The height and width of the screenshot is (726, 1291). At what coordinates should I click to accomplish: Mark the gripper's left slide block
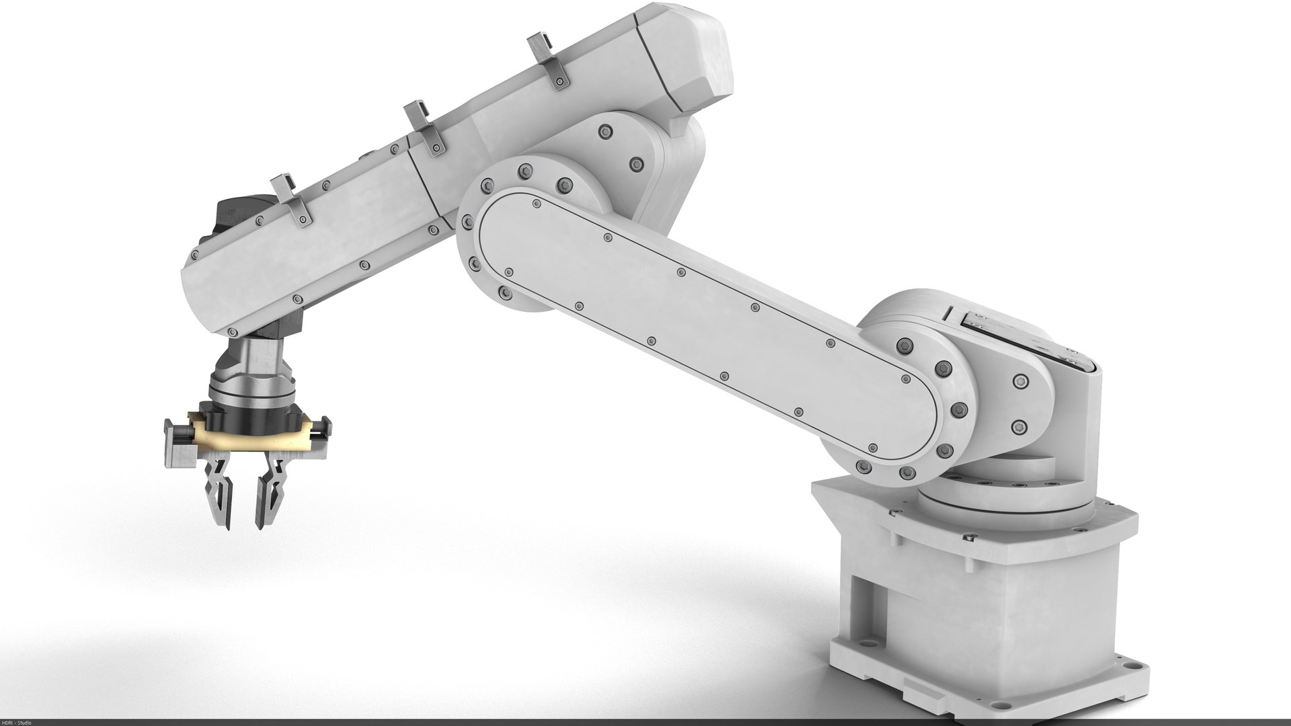(178, 444)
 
